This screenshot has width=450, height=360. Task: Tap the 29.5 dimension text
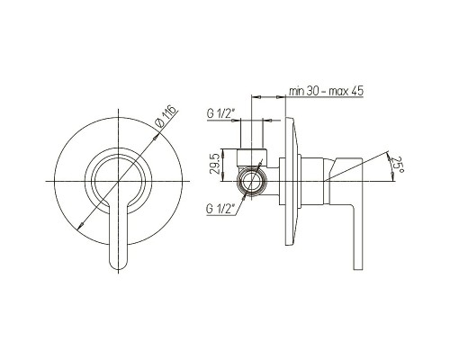(x=215, y=165)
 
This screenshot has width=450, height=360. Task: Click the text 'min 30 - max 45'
(x=326, y=91)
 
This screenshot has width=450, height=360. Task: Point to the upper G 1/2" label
(x=220, y=113)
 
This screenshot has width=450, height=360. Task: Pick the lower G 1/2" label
(x=220, y=209)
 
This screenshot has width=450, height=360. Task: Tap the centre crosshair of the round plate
(x=119, y=181)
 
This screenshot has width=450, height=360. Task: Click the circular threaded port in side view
(x=251, y=181)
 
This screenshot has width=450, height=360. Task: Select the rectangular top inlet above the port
(x=251, y=157)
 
